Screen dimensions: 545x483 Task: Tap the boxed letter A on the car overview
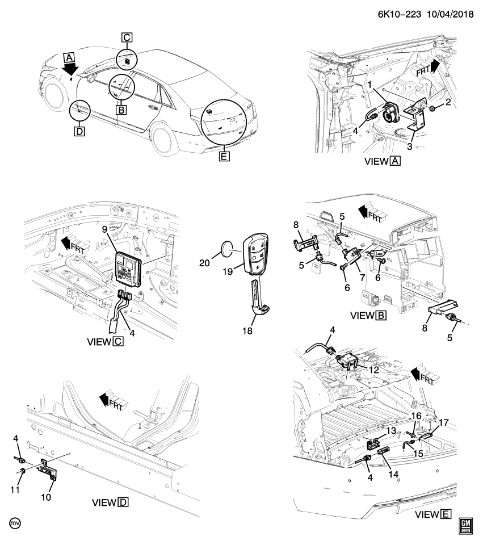[69, 57]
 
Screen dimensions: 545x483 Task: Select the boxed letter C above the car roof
[127, 38]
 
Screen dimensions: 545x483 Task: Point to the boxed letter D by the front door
[78, 132]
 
